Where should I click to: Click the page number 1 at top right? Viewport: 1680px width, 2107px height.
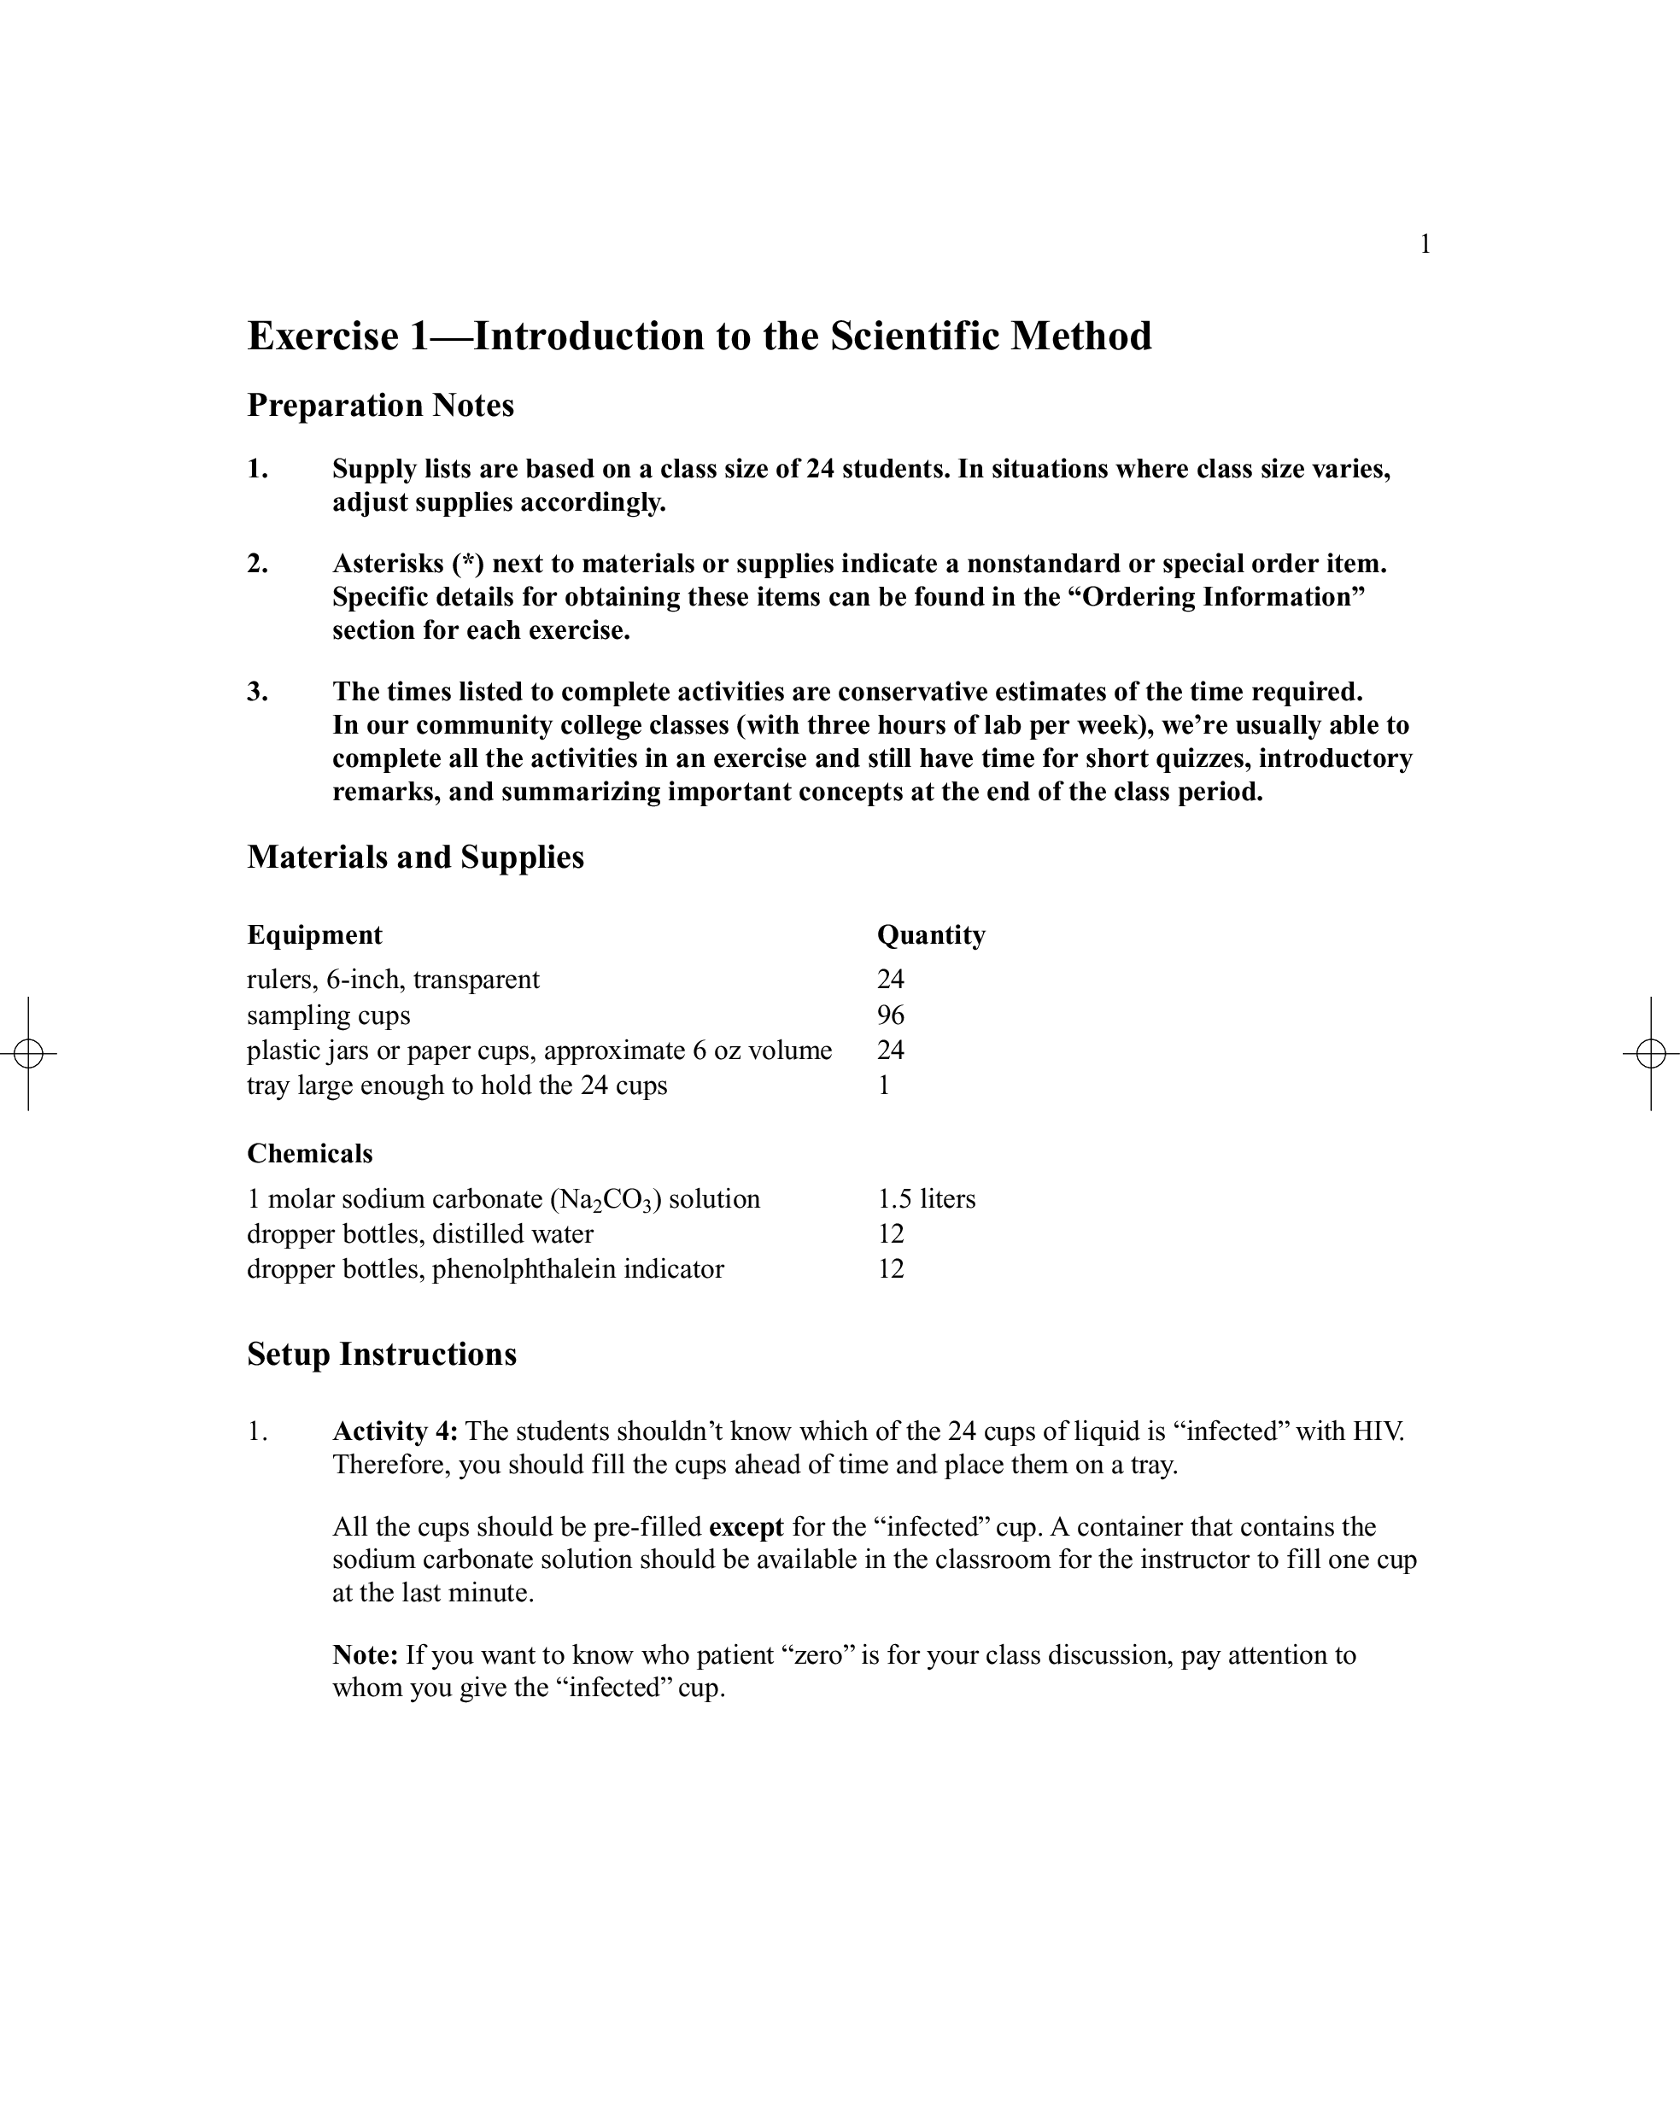[x=1425, y=244]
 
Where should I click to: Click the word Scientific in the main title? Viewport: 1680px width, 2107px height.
[x=915, y=337]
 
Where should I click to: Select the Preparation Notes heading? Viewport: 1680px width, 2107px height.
[x=380, y=405]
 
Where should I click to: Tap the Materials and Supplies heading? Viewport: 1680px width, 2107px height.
[x=415, y=857]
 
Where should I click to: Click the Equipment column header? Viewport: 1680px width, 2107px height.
[x=314, y=935]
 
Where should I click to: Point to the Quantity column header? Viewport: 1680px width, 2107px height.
[x=930, y=935]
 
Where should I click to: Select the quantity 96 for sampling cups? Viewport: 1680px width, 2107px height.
[x=890, y=1015]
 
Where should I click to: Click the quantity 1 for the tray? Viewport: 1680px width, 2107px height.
[x=883, y=1086]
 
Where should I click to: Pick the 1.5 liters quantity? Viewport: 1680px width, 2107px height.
[x=926, y=1199]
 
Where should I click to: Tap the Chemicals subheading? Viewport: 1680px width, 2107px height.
[x=310, y=1154]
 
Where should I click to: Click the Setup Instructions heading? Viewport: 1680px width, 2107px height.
[x=381, y=1355]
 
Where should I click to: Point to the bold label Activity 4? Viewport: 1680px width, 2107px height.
[x=395, y=1431]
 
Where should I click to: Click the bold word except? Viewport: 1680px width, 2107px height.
[x=746, y=1527]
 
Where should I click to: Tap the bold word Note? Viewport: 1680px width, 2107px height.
[x=365, y=1654]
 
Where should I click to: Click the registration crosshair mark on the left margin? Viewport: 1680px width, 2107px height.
[x=28, y=1054]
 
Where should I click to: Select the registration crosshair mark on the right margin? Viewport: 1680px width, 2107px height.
[x=1651, y=1054]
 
